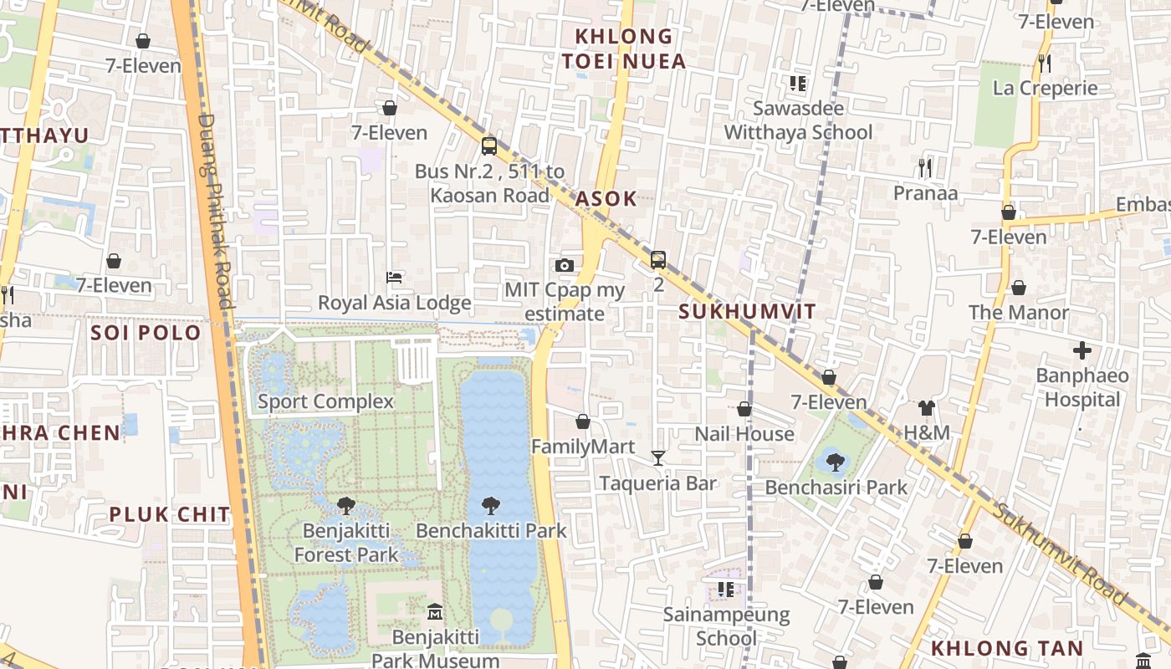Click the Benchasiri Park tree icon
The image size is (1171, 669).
[x=834, y=462]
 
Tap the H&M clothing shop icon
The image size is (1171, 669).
[x=926, y=408]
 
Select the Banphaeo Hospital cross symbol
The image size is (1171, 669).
[x=1082, y=350]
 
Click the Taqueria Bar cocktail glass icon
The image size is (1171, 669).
[x=658, y=458]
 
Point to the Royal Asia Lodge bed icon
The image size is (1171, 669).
[x=395, y=277]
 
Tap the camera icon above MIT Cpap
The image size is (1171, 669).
[x=565, y=266]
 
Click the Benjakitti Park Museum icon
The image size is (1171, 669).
[x=434, y=612]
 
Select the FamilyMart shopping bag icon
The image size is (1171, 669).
[x=583, y=421]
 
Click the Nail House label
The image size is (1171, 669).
[x=744, y=434]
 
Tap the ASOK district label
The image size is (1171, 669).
[x=606, y=199]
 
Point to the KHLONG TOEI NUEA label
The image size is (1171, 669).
[x=624, y=49]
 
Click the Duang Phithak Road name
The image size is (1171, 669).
[x=214, y=209]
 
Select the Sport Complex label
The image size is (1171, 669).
[x=325, y=401]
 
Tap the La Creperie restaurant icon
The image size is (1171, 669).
[x=1044, y=63]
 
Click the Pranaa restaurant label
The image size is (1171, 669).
[x=925, y=193]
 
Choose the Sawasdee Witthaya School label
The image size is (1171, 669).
[x=798, y=120]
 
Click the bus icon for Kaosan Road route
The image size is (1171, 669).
[x=489, y=146]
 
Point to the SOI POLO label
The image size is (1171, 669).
[x=146, y=333]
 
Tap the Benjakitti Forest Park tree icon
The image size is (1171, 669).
[x=345, y=505]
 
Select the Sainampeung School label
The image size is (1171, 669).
[x=726, y=626]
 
